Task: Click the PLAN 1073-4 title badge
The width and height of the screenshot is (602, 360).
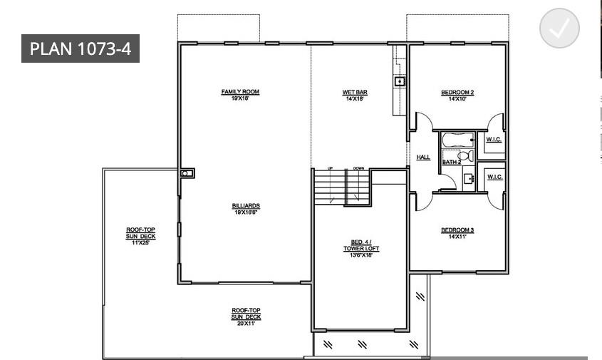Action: coord(80,48)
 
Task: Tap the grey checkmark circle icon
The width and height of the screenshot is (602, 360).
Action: coord(559,29)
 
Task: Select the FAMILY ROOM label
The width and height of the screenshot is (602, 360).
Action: coord(240,92)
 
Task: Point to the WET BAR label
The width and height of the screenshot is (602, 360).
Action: coord(354,92)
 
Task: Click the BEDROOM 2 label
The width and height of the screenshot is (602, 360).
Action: coord(457,92)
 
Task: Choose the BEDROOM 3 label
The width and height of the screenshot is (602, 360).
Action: coord(457,230)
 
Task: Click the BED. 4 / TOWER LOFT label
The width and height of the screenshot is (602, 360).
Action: coord(361,245)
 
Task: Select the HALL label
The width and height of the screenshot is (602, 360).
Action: coord(423,157)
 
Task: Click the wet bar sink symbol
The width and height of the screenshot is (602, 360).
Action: coord(400,82)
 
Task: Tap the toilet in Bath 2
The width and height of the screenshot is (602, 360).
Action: coord(463,155)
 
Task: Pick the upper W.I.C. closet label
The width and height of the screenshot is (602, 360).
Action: coord(494,139)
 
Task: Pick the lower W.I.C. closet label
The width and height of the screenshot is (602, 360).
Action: coord(494,176)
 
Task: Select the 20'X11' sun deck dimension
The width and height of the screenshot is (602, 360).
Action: coord(246,323)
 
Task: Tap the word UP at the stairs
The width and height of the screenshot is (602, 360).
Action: coord(330,168)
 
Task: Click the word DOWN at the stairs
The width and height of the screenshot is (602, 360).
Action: coord(358,168)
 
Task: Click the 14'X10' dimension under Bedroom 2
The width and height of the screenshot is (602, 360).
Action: coord(457,99)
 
